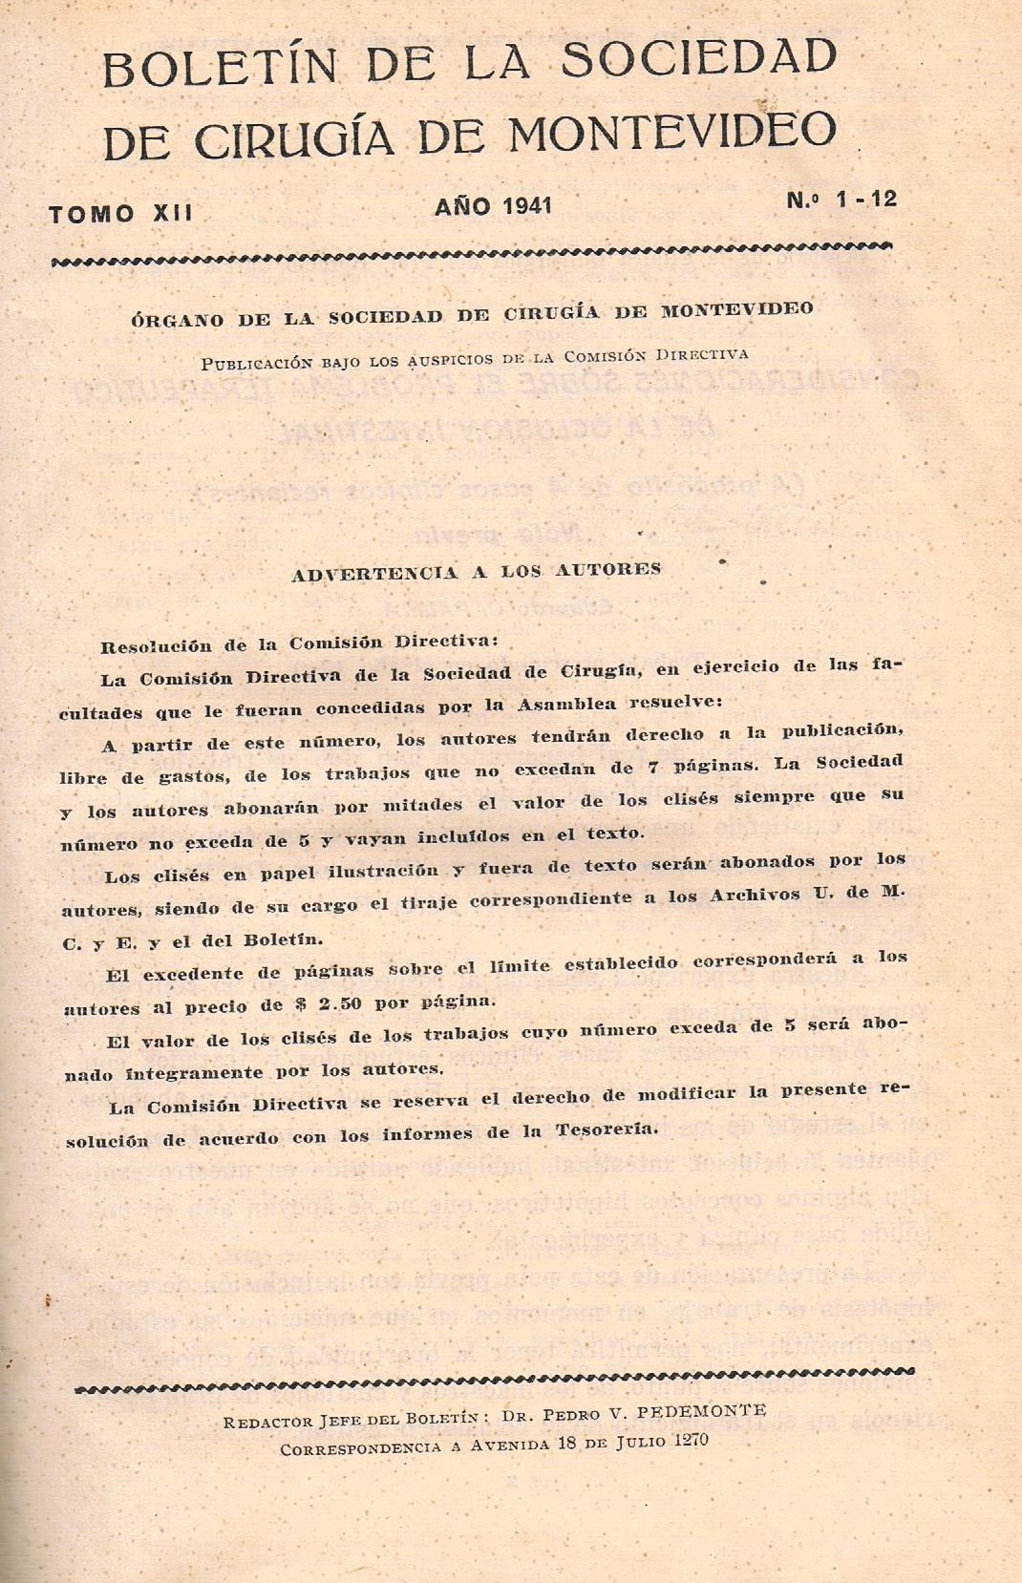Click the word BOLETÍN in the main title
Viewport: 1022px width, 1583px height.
(x=220, y=68)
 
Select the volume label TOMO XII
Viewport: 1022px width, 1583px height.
(x=120, y=214)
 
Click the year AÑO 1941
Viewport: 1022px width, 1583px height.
(x=493, y=206)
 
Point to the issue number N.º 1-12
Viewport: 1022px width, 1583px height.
(x=841, y=200)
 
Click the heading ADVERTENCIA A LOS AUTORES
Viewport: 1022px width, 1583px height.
(x=476, y=572)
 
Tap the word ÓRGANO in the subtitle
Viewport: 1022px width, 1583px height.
(x=176, y=320)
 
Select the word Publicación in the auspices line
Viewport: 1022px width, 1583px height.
(x=256, y=363)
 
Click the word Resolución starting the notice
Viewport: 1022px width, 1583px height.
(x=156, y=645)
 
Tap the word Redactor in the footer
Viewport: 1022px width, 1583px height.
(x=263, y=1422)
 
